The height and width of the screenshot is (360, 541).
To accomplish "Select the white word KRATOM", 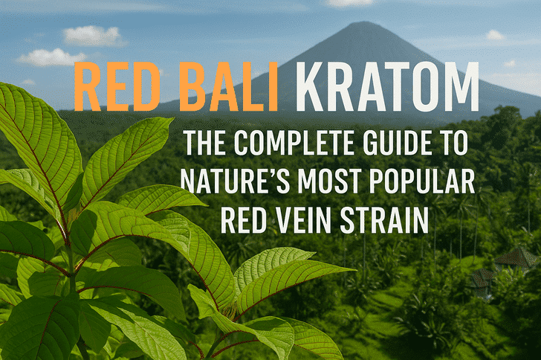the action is tap(387, 86).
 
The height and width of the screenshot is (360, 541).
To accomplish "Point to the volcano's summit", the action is tap(359, 23).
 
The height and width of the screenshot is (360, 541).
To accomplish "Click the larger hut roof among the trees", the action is tap(516, 256).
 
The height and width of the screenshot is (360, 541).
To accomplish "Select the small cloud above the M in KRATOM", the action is tap(495, 35).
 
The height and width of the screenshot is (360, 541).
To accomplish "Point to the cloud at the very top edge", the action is tap(350, 3).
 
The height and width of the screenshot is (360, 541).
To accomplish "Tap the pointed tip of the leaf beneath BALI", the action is tap(173, 118).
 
